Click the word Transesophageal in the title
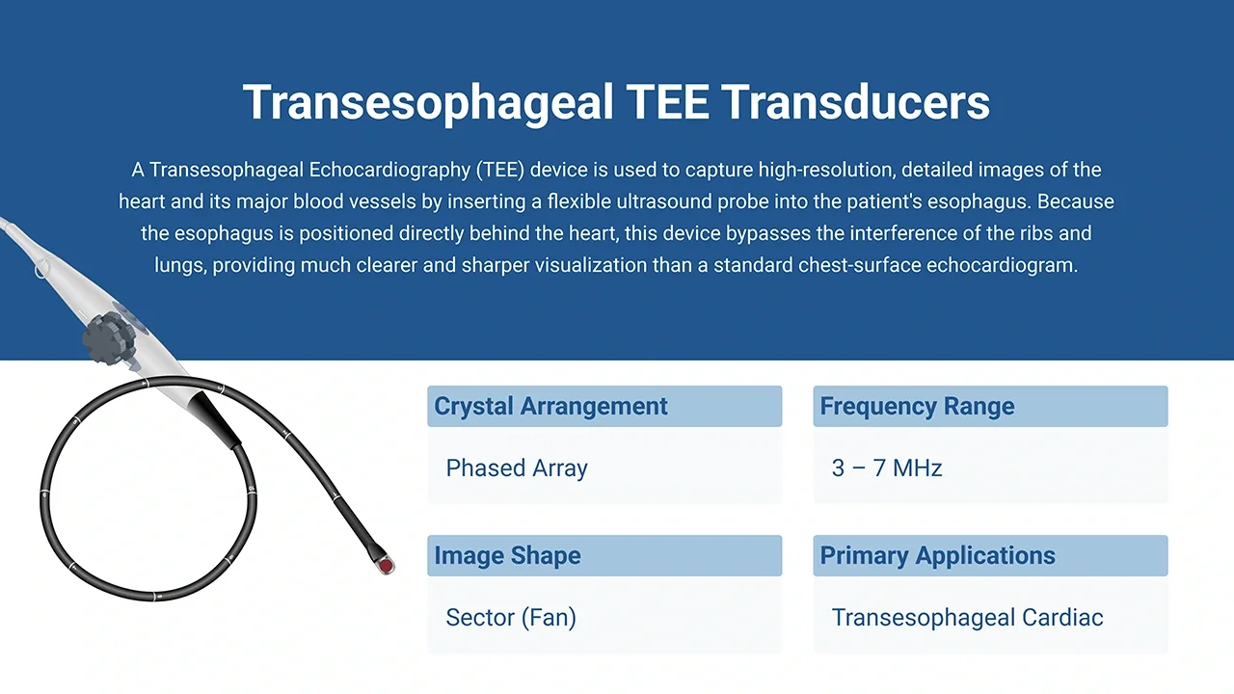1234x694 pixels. pyautogui.click(x=428, y=103)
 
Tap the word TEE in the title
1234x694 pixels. pyautogui.click(x=668, y=102)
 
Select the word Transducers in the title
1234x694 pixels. pyautogui.click(x=855, y=102)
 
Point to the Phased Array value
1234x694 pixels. pyautogui.click(x=517, y=468)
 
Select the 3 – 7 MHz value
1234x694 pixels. pyautogui.click(x=887, y=468)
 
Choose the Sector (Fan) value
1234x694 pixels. pyautogui.click(x=511, y=618)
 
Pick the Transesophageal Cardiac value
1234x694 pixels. pyautogui.click(x=967, y=618)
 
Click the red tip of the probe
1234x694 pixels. pyautogui.click(x=387, y=566)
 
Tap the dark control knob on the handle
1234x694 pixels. pyautogui.click(x=109, y=337)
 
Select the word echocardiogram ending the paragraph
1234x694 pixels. pyautogui.click(x=1002, y=265)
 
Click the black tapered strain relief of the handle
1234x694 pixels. pyautogui.click(x=214, y=419)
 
